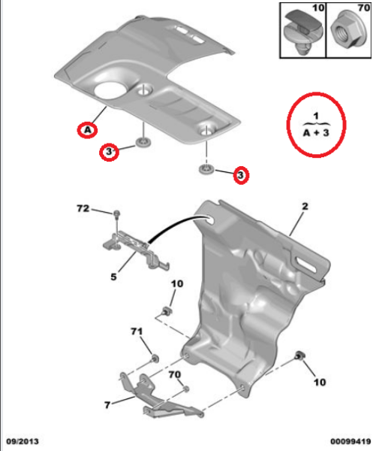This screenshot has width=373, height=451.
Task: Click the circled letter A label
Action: pyautogui.click(x=88, y=130)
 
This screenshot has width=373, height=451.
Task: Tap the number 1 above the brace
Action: pyautogui.click(x=317, y=115)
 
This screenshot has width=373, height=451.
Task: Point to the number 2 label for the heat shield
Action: pyautogui.click(x=306, y=204)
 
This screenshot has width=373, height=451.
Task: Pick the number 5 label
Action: pyautogui.click(x=113, y=277)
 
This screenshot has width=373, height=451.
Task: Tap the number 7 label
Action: pyautogui.click(x=107, y=404)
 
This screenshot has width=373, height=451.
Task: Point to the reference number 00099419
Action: pyautogui.click(x=347, y=443)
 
